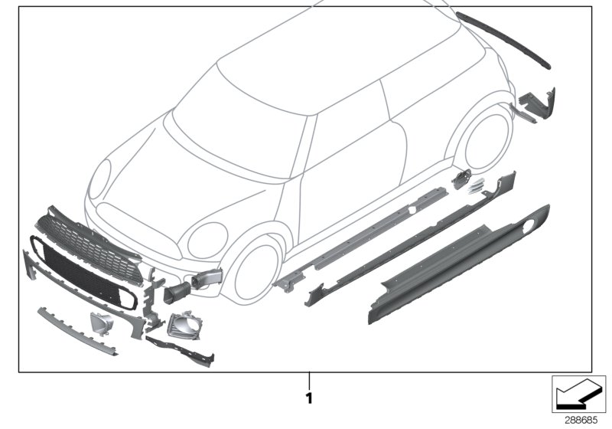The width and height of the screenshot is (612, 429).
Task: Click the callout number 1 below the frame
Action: point(309,398)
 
